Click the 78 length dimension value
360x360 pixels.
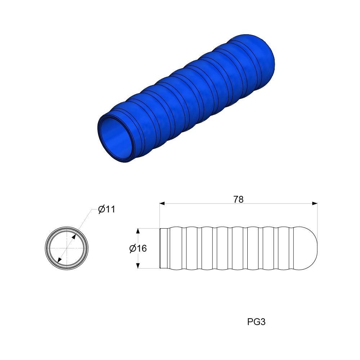point(238,199)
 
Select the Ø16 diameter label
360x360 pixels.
point(138,248)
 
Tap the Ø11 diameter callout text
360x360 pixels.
point(107,209)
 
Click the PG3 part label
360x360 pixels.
point(256,322)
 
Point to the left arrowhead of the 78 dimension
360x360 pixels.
point(162,203)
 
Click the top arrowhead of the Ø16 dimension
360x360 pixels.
point(138,231)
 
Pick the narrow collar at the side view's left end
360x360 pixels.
point(163,248)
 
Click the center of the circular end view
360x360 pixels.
point(67,248)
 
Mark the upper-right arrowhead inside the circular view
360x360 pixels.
point(74,237)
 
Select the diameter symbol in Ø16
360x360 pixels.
point(132,248)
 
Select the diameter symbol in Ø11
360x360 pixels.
point(102,209)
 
